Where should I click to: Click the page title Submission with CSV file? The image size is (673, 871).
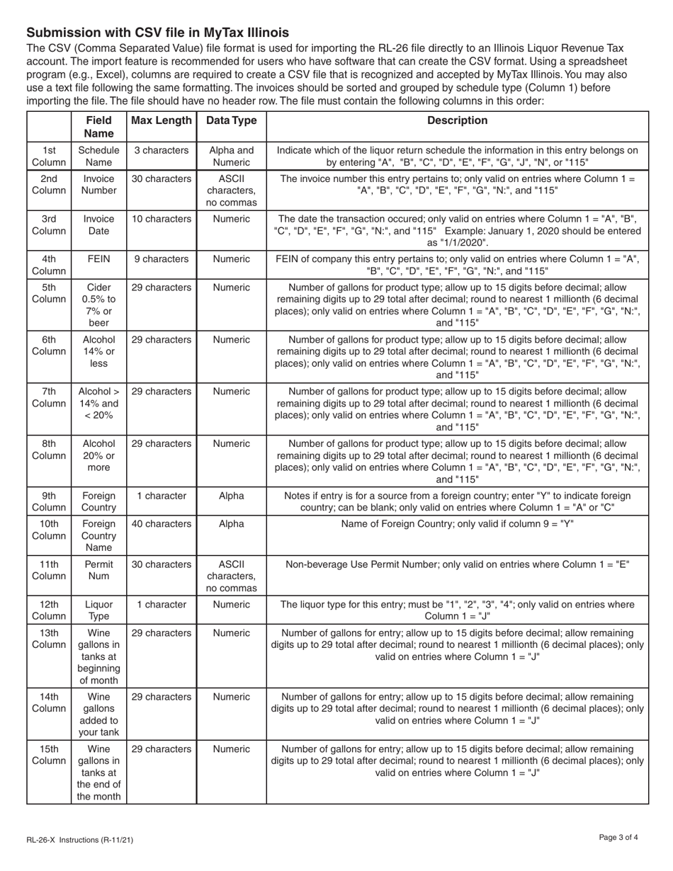157,33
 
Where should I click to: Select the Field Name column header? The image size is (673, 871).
98,127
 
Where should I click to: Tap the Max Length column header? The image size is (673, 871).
162,120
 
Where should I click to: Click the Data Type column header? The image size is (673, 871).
231,120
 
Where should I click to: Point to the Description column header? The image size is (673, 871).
457,120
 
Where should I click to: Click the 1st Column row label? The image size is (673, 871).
49,156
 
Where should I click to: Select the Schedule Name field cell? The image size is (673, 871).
98,156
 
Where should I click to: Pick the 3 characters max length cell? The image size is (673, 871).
162,150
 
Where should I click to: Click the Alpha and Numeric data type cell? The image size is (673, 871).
231,156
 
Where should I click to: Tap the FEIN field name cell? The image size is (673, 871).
98,258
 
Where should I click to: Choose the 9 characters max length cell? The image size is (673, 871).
162,258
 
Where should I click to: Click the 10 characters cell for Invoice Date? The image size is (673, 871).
162,219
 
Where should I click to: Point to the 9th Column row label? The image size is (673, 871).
49,502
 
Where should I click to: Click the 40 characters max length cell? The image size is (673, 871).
162,524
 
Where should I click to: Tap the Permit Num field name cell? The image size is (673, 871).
98,571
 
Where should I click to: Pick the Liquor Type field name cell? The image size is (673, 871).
98,610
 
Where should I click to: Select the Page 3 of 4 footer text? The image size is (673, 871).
618,838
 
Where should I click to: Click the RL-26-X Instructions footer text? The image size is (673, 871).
79,840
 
